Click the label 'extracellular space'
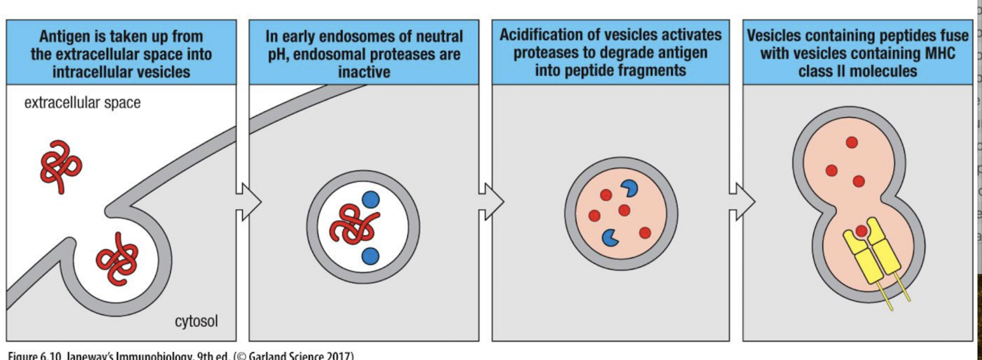coord(82,102)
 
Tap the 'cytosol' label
coord(197,322)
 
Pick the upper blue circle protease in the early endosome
coord(370,200)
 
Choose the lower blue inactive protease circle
coord(370,255)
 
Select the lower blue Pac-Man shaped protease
coord(610,237)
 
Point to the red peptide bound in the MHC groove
coord(861,230)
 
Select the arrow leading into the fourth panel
coord(741,200)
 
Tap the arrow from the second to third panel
coord(491,200)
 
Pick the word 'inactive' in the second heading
coord(364,72)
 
